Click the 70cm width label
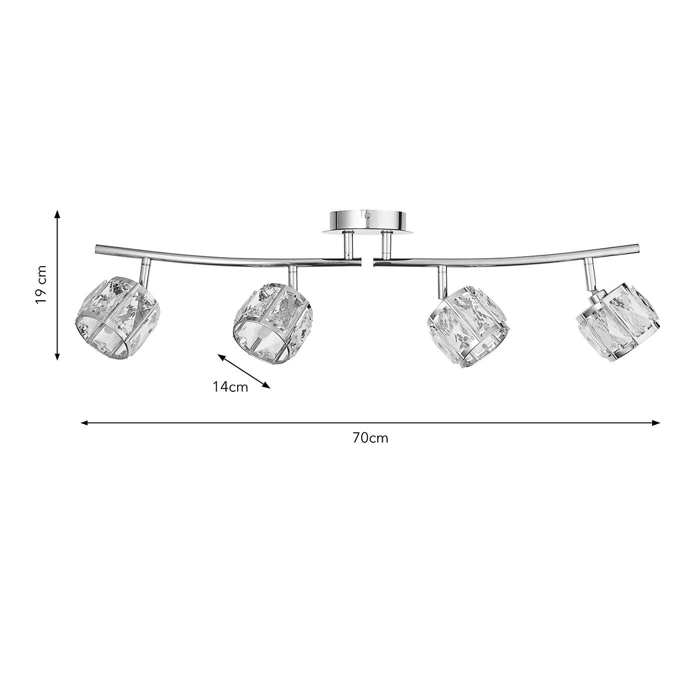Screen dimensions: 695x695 click(370, 438)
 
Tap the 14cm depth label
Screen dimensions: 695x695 click(230, 387)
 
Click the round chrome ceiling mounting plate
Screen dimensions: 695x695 click(368, 220)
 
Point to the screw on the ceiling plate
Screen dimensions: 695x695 click(368, 215)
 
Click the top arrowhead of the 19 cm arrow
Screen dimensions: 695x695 click(58, 213)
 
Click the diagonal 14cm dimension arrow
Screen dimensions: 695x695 click(244, 371)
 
